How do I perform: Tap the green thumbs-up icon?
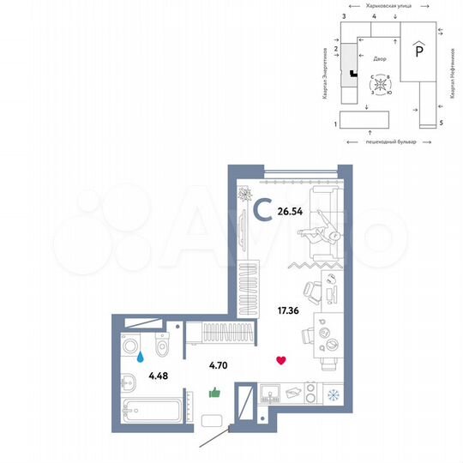[x=214, y=392]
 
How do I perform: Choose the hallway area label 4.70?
[x=219, y=364]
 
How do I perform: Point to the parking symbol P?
[x=418, y=50]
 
